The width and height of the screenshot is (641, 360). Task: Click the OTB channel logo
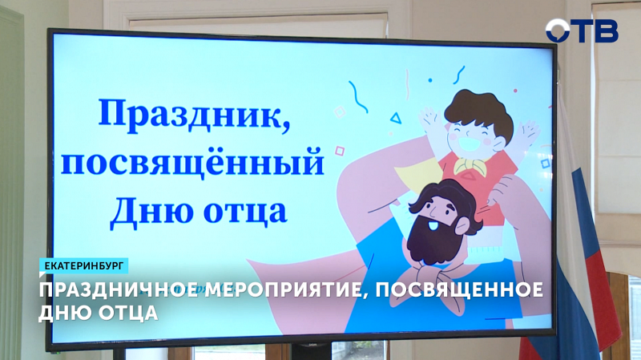[582, 30]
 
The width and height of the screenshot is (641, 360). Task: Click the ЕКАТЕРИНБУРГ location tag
[83, 265]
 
